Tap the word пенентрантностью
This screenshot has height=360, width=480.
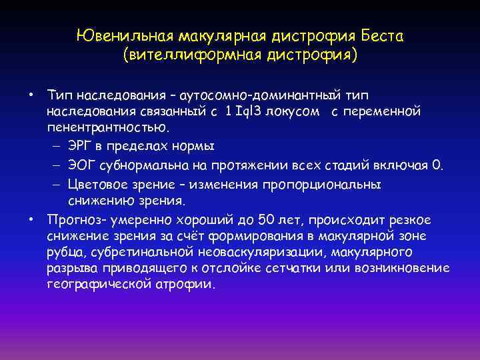click(103, 127)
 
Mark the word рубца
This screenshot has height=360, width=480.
click(63, 253)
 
